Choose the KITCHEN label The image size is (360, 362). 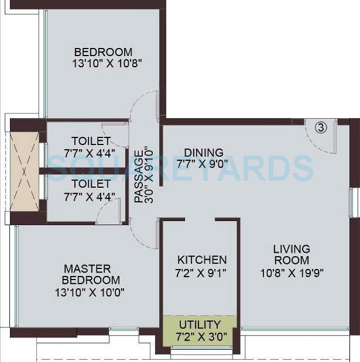coord(202,260)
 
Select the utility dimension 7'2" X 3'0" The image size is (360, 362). coord(200,336)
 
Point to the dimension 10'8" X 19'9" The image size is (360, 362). coord(291,271)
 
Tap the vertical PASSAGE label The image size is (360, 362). coord(138,177)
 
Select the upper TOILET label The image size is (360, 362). coord(91,141)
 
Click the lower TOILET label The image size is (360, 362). coord(91,183)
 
